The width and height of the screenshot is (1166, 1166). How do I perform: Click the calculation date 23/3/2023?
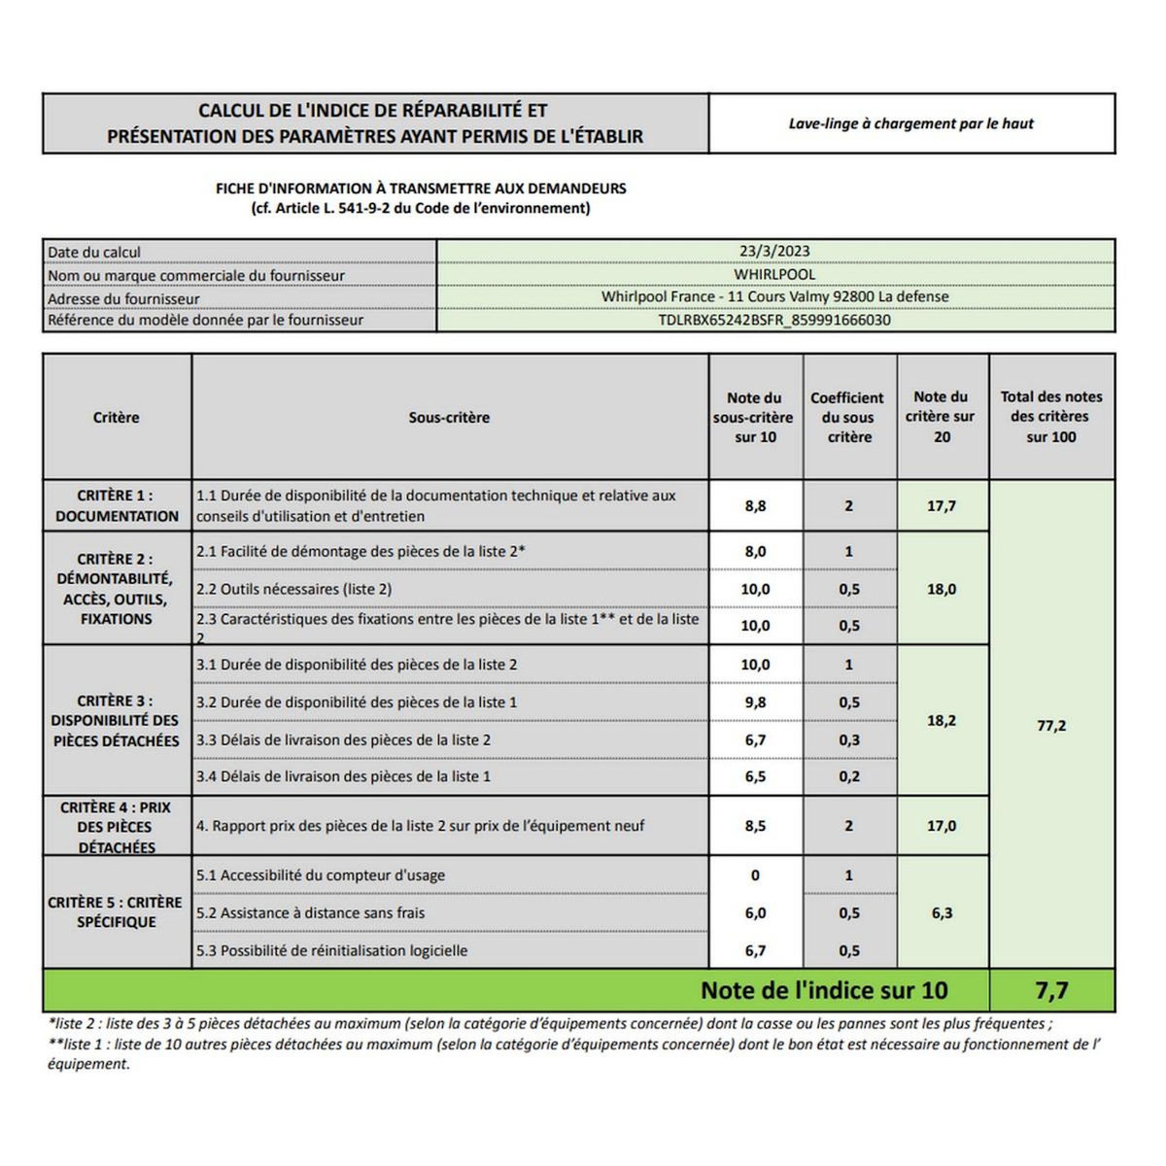(774, 252)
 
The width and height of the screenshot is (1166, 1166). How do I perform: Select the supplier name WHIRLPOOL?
(774, 274)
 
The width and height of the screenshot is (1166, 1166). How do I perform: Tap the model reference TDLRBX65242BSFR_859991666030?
(774, 320)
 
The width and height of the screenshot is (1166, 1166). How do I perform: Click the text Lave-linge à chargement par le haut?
(910, 123)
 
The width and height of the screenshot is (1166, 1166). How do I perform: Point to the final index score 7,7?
(1051, 990)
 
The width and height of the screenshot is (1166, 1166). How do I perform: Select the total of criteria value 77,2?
(1051, 725)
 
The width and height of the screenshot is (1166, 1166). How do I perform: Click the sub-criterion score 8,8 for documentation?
(755, 505)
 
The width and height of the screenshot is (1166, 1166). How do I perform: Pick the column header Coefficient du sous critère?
(848, 417)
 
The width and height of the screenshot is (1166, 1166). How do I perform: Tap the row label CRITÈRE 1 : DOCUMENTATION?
(117, 505)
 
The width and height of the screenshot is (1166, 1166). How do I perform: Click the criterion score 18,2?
(942, 720)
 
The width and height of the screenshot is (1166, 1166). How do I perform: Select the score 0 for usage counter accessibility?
(755, 874)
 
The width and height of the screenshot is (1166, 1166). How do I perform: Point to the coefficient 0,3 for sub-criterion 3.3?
(848, 739)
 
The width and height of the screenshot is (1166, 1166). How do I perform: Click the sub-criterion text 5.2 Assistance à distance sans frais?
(310, 912)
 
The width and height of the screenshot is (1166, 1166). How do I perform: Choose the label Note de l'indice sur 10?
(823, 990)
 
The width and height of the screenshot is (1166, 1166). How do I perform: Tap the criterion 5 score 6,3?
(942, 912)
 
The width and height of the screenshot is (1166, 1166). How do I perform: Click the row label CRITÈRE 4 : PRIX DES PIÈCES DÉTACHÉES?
(116, 827)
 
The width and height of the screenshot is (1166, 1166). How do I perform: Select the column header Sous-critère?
(449, 417)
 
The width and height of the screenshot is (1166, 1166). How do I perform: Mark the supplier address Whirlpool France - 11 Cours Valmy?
(774, 296)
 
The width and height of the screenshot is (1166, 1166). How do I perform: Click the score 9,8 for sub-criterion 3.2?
(755, 702)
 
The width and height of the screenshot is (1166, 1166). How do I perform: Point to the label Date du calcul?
(94, 253)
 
